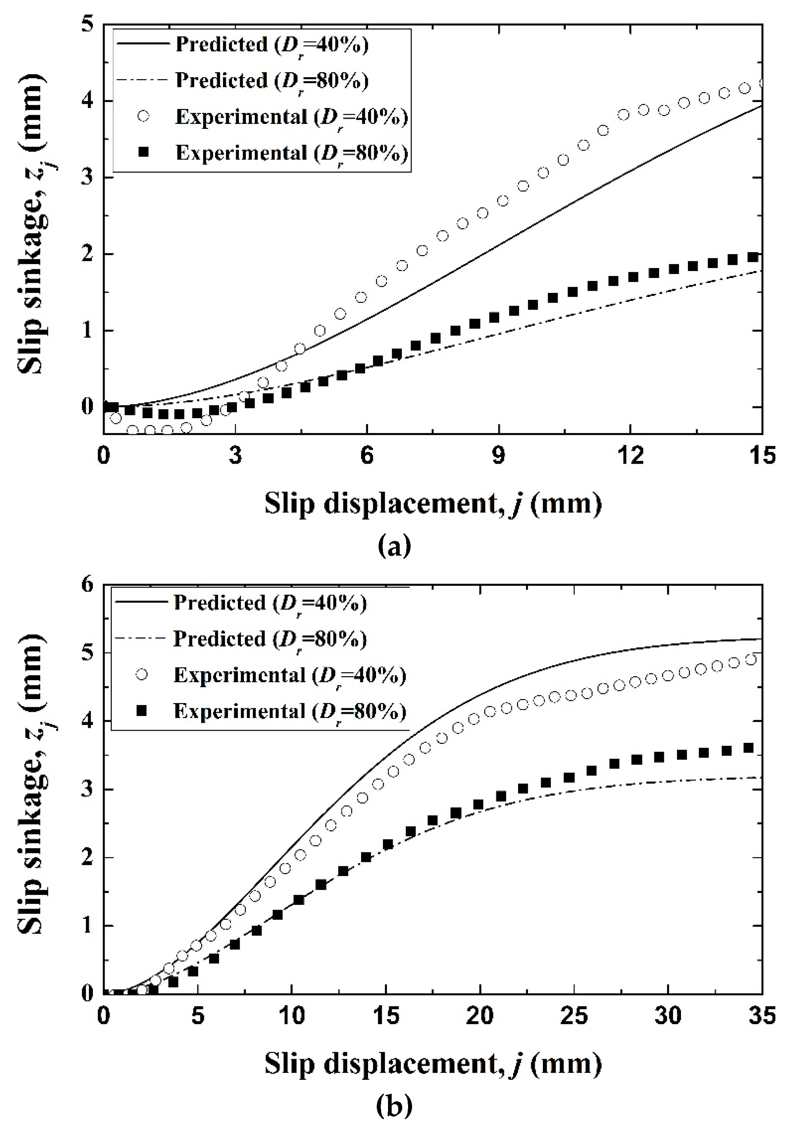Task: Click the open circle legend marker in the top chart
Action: tap(143, 117)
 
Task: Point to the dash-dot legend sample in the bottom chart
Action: tap(140, 639)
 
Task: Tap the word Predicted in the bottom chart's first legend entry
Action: tap(220, 603)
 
